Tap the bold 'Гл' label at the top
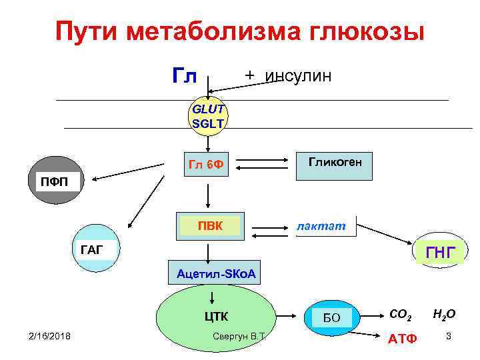pos(185,76)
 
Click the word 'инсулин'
pos(297,75)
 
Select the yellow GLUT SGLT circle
pos(209,115)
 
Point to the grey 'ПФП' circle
pos(57,181)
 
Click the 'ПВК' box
pos(210,226)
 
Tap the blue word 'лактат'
pos(321,227)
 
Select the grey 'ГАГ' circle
pos(93,250)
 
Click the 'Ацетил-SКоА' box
pos(216,274)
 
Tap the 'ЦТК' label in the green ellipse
pos(216,316)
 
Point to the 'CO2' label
pos(400,313)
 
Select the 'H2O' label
pos(444,313)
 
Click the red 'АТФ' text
pos(402,338)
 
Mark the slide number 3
pos(449,336)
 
